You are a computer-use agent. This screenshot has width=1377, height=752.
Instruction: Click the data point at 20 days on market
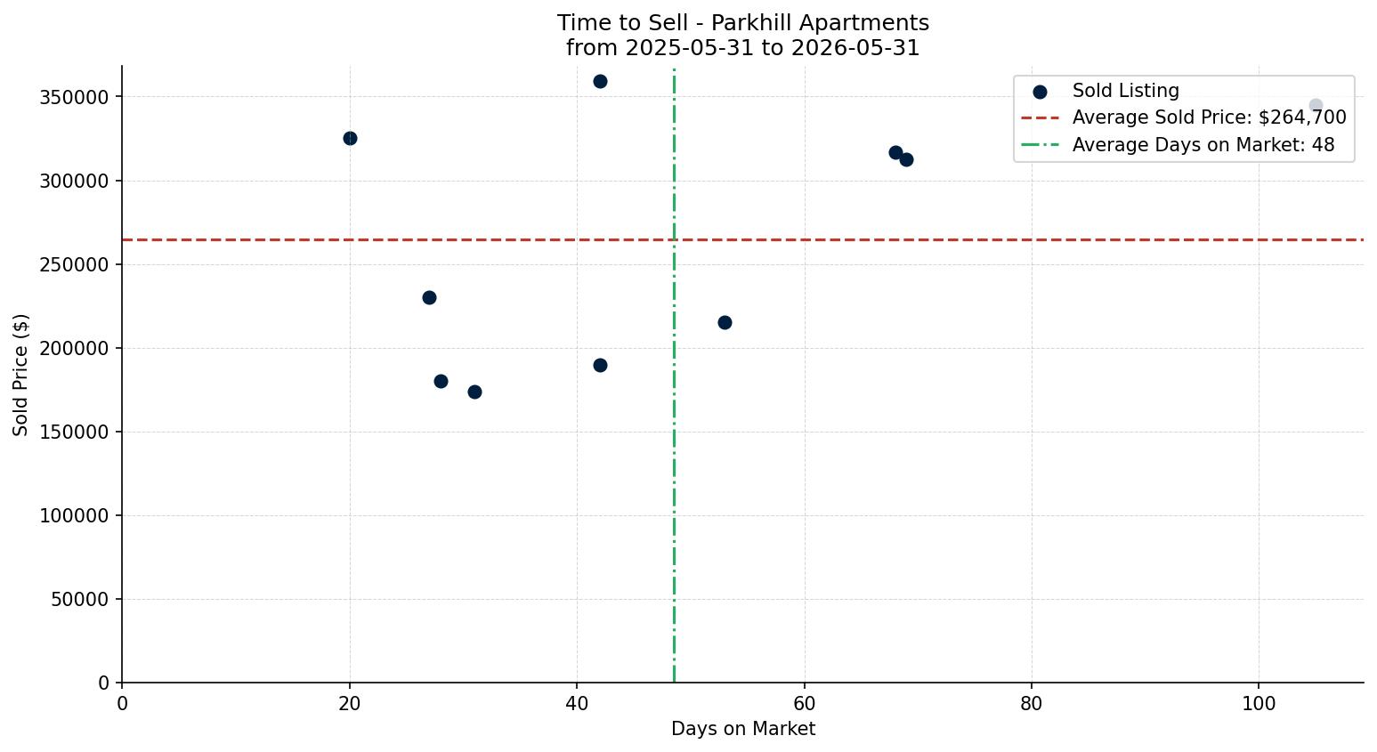tap(350, 138)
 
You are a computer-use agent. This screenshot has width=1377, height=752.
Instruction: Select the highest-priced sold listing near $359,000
tap(600, 82)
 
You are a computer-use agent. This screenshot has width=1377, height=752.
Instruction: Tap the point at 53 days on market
tap(725, 322)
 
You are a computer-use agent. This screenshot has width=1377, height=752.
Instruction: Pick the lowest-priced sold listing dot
tap(474, 392)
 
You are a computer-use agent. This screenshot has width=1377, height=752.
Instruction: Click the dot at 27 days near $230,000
tap(429, 298)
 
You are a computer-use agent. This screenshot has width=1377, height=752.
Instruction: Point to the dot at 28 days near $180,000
tap(441, 382)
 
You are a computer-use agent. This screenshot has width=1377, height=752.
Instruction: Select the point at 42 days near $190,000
tap(600, 366)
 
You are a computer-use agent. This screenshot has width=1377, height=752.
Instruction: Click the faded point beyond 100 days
tap(1316, 106)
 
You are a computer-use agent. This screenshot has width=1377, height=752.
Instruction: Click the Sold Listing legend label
tap(1126, 91)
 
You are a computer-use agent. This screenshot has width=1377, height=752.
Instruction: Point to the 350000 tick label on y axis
tap(75, 98)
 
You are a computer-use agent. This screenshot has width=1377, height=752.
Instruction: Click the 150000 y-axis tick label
tap(75, 433)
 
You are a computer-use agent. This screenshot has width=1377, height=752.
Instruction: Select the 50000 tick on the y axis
tap(80, 600)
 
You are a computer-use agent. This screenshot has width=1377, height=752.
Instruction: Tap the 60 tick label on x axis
tap(804, 704)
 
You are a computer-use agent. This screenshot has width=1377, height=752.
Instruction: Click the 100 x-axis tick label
tap(1259, 704)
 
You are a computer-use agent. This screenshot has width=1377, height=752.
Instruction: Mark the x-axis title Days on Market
tap(742, 729)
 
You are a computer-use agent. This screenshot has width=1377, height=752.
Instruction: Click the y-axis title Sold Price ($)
tap(20, 375)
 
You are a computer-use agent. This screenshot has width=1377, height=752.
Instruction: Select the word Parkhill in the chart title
tap(742, 23)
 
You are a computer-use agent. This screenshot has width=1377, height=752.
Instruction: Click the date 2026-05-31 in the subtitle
tap(855, 48)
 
